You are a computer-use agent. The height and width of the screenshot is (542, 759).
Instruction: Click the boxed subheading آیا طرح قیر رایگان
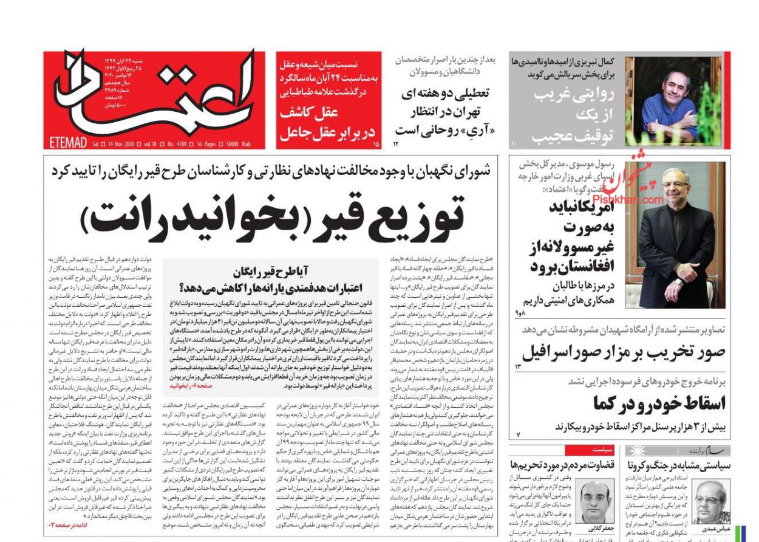coord(270,276)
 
